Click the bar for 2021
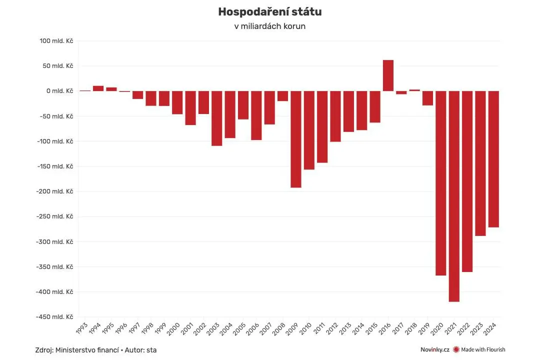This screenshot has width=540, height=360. (454, 196)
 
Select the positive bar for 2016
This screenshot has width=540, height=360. (388, 75)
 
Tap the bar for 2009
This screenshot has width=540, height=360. (296, 139)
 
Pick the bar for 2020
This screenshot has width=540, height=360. (441, 183)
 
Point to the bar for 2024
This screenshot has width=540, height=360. (493, 159)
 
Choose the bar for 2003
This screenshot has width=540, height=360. (216, 118)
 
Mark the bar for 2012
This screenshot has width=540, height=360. (335, 116)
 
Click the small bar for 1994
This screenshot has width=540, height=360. (98, 88)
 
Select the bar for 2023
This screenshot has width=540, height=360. (480, 163)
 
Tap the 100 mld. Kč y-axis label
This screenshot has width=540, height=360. (56, 41)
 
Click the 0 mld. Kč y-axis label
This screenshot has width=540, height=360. (59, 91)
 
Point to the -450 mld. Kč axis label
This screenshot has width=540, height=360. (54, 317)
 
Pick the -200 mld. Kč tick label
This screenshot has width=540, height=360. (54, 191)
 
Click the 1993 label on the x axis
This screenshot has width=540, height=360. (82, 328)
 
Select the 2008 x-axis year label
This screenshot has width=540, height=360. (279, 328)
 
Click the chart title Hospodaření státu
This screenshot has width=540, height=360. (270, 11)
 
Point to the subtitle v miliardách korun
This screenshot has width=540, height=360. (270, 26)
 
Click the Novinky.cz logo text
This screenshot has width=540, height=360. (435, 349)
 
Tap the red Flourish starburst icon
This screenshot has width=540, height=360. (456, 349)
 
